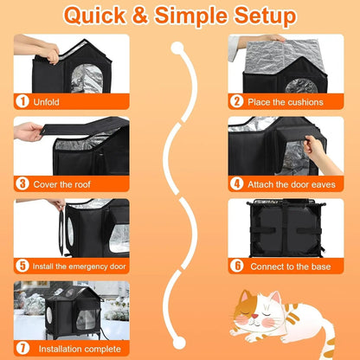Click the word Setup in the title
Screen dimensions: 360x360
260,16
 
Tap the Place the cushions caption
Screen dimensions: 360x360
286,101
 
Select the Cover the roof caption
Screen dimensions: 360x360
68,183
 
